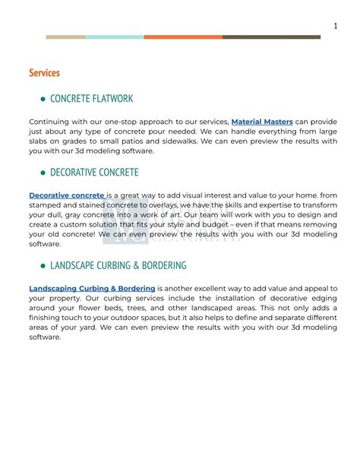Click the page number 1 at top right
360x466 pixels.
click(335, 27)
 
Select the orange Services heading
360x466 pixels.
click(44, 73)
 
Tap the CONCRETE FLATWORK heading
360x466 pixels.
click(91, 98)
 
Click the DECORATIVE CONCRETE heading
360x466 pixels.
click(94, 173)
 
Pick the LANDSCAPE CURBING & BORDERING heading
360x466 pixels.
click(118, 266)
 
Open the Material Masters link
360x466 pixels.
click(262, 122)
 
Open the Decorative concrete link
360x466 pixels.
click(67, 195)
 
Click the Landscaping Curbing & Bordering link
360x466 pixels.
click(92, 289)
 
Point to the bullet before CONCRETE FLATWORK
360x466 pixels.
click(42, 99)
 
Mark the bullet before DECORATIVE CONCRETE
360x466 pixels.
click(42, 173)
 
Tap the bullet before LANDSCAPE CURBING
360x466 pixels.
click(42, 267)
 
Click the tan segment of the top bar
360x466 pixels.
click(65, 36)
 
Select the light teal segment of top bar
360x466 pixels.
click(114, 36)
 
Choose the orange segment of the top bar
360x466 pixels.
click(183, 36)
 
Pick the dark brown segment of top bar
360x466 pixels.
click(271, 36)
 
